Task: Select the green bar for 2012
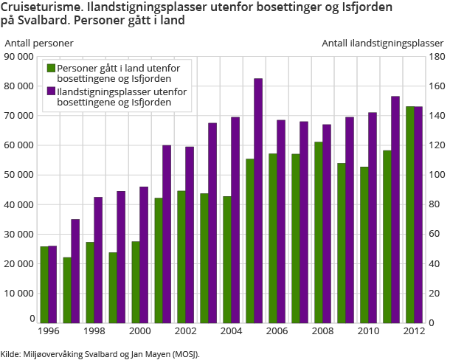[x=409, y=214]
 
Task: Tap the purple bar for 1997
[x=75, y=271]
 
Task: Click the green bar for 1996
[x=44, y=284]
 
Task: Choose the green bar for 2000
[x=136, y=282]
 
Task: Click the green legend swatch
[x=51, y=68]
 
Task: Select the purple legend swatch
[x=51, y=91]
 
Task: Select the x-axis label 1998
[x=94, y=332]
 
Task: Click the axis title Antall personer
[x=38, y=43]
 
